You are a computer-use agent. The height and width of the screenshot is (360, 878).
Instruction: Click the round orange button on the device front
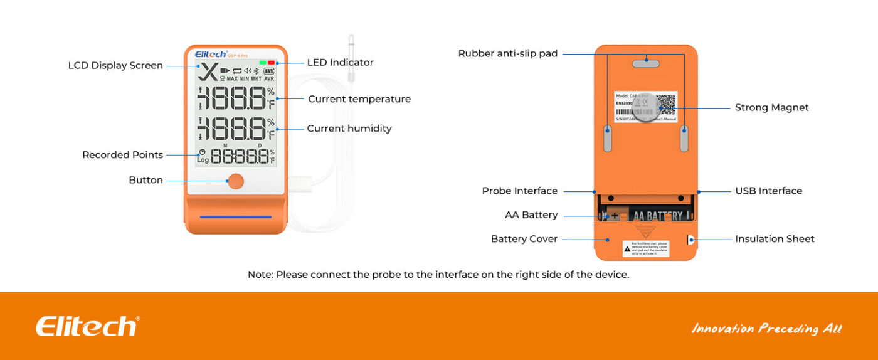(236, 181)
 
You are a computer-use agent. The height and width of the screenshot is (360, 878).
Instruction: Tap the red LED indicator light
(272, 63)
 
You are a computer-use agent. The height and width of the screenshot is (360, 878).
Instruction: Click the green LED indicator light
(263, 63)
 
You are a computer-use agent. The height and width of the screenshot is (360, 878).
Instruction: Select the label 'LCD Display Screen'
(115, 66)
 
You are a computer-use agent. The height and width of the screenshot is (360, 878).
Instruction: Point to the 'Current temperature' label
(359, 99)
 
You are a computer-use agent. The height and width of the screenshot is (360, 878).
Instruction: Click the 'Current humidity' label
(349, 129)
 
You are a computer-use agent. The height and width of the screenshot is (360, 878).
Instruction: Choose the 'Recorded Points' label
(123, 155)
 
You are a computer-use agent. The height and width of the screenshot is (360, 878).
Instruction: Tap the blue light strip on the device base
(236, 217)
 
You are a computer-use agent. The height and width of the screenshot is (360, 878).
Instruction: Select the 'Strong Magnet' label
(771, 108)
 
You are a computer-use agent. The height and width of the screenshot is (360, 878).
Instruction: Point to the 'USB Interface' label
(768, 191)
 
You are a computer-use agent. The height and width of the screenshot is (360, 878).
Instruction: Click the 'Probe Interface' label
(520, 191)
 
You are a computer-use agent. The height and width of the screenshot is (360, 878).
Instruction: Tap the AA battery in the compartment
(646, 216)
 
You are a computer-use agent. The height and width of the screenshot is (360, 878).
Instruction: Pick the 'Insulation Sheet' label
(775, 239)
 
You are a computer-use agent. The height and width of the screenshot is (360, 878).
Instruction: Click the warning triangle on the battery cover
(627, 249)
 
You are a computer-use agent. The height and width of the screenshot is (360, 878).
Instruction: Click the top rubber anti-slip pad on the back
(646, 63)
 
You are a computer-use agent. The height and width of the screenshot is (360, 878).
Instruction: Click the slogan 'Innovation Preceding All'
(766, 328)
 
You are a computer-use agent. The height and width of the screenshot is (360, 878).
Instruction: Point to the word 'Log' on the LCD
(203, 160)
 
